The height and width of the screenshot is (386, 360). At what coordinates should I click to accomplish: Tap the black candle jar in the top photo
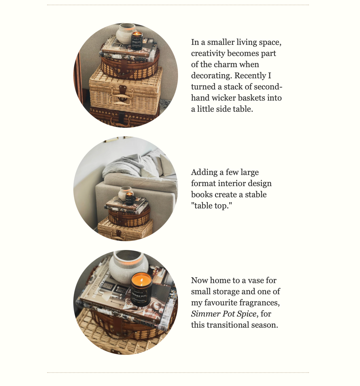(137, 41)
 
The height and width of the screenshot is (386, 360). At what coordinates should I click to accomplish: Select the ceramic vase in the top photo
(126, 33)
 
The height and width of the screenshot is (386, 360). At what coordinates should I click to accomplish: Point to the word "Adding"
(204, 172)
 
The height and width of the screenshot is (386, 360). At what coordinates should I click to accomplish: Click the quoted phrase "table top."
(211, 205)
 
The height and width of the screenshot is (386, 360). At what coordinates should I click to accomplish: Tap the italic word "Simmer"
(206, 314)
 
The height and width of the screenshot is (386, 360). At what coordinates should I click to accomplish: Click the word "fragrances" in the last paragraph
(259, 303)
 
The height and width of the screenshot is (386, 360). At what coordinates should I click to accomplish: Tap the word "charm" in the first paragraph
(225, 65)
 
